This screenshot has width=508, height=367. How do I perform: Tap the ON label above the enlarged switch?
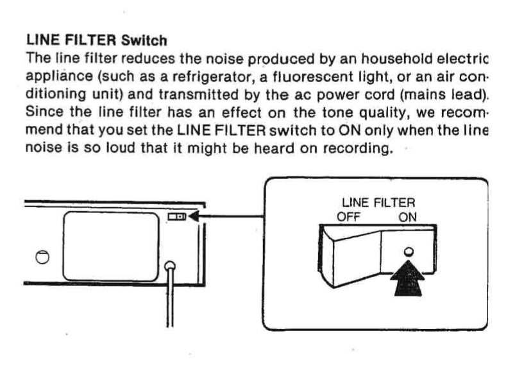coord(407,216)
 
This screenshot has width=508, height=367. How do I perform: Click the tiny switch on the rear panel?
coord(176,218)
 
